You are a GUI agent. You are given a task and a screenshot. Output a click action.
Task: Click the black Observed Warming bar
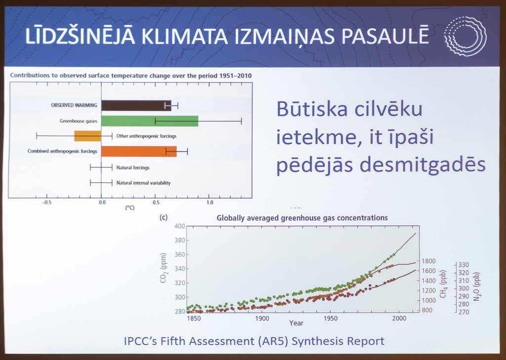point(136,106)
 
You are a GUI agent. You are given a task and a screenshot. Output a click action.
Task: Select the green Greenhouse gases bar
point(150,121)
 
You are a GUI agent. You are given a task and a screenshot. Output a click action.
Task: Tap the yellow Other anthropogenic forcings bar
point(88,136)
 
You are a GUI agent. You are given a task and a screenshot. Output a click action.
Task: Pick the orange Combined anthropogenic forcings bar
point(139,151)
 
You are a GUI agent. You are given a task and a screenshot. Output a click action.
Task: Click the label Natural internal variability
point(143,183)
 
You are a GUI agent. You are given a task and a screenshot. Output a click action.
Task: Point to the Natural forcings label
point(133,168)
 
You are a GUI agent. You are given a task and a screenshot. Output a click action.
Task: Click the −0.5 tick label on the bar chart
point(46,202)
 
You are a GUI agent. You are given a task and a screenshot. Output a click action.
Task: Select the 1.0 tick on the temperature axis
point(210,202)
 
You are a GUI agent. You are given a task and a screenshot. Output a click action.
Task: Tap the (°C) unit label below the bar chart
point(130,208)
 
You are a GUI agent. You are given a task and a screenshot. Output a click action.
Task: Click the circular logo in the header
point(465,37)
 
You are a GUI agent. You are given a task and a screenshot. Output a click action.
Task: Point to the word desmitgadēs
point(422,164)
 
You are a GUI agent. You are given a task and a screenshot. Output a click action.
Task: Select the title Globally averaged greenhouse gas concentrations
point(302,218)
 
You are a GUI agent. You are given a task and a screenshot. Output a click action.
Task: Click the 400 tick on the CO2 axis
point(180,226)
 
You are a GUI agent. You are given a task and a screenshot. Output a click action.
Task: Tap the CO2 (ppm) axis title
point(164,268)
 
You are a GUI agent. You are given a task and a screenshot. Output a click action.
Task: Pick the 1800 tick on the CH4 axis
point(429,261)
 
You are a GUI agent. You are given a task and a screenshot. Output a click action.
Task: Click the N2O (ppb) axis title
point(477,286)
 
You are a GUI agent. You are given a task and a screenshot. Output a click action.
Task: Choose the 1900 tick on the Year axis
point(262,319)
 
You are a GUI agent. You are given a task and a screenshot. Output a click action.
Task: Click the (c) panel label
point(164,217)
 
